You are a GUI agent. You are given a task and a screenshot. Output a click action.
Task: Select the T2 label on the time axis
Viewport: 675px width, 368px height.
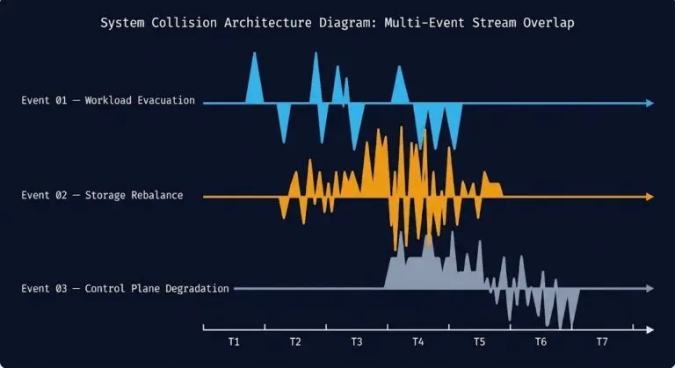[294, 342]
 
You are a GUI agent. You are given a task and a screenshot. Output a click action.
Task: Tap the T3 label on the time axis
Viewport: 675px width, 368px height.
[356, 342]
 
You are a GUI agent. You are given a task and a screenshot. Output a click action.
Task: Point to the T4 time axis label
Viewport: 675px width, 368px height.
[417, 342]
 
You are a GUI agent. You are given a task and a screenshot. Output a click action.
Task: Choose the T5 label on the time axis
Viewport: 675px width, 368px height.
[479, 342]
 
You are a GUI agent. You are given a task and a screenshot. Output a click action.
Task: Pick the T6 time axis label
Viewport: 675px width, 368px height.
[541, 342]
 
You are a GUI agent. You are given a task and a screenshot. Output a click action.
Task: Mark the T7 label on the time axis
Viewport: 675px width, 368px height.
[601, 342]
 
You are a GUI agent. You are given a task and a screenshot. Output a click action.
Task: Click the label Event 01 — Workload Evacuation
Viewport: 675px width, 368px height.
[108, 100]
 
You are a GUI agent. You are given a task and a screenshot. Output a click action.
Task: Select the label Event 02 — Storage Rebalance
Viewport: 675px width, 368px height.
[102, 195]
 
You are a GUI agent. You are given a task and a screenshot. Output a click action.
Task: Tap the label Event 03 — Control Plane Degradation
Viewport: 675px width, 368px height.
[125, 288]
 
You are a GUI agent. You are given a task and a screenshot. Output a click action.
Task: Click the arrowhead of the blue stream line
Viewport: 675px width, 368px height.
[650, 104]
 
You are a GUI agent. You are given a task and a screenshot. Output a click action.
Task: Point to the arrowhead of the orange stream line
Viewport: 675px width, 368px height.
[650, 197]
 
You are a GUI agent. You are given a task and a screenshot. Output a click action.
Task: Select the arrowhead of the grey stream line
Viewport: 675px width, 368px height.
[650, 288]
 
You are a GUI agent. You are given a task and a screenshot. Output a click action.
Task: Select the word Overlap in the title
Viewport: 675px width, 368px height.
[548, 23]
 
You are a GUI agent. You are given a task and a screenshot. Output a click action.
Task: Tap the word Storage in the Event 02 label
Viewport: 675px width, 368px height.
[109, 195]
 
